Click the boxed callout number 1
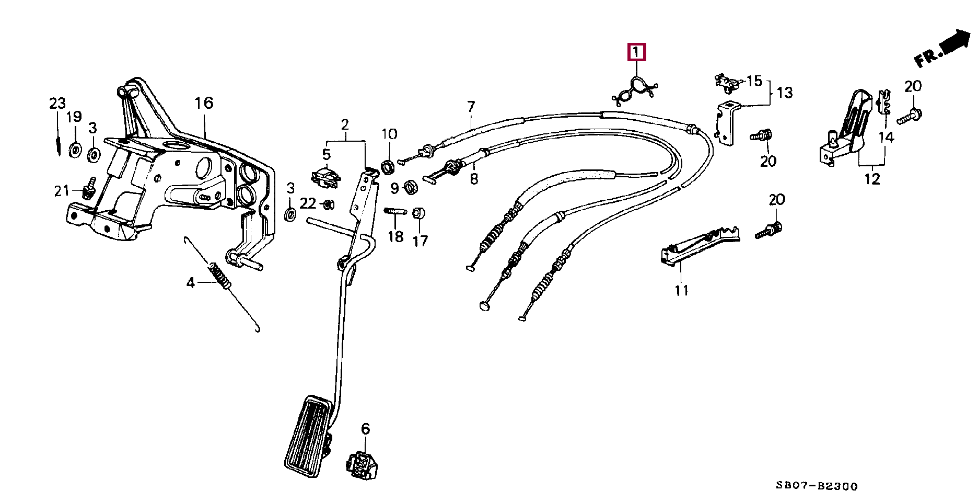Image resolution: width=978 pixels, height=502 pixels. coord(636,52)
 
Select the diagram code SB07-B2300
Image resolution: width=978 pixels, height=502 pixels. coord(817,486)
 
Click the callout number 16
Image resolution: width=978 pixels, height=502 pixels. coord(204,103)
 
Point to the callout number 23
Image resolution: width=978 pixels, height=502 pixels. coord(57,104)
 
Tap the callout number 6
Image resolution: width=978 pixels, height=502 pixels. coord(365,429)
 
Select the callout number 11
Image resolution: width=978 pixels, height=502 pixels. coord(681,290)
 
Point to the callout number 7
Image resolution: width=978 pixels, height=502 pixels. coord(471,107)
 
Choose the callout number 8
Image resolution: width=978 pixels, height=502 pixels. coord(474,179)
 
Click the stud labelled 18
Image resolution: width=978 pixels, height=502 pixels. coord(395,211)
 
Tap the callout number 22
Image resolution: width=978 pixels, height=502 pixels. coord(308,203)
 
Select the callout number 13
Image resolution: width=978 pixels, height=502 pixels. coord(784,93)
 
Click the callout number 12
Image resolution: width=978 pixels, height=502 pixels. coord(872,179)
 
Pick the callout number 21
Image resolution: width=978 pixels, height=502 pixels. coord(62,191)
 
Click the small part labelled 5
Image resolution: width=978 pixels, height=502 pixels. coord(326,177)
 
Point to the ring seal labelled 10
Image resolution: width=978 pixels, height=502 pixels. coord(388,167)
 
